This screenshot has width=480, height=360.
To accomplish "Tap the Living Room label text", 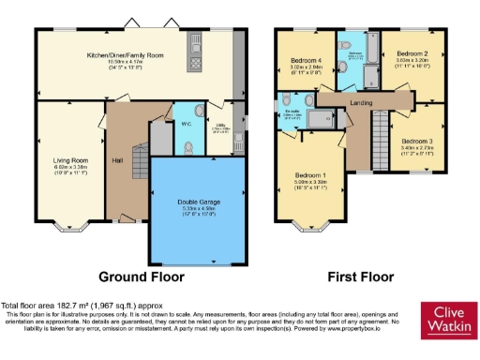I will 70,160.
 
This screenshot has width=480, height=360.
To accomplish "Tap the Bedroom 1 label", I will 311,175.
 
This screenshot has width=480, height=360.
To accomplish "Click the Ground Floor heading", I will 142,277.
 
